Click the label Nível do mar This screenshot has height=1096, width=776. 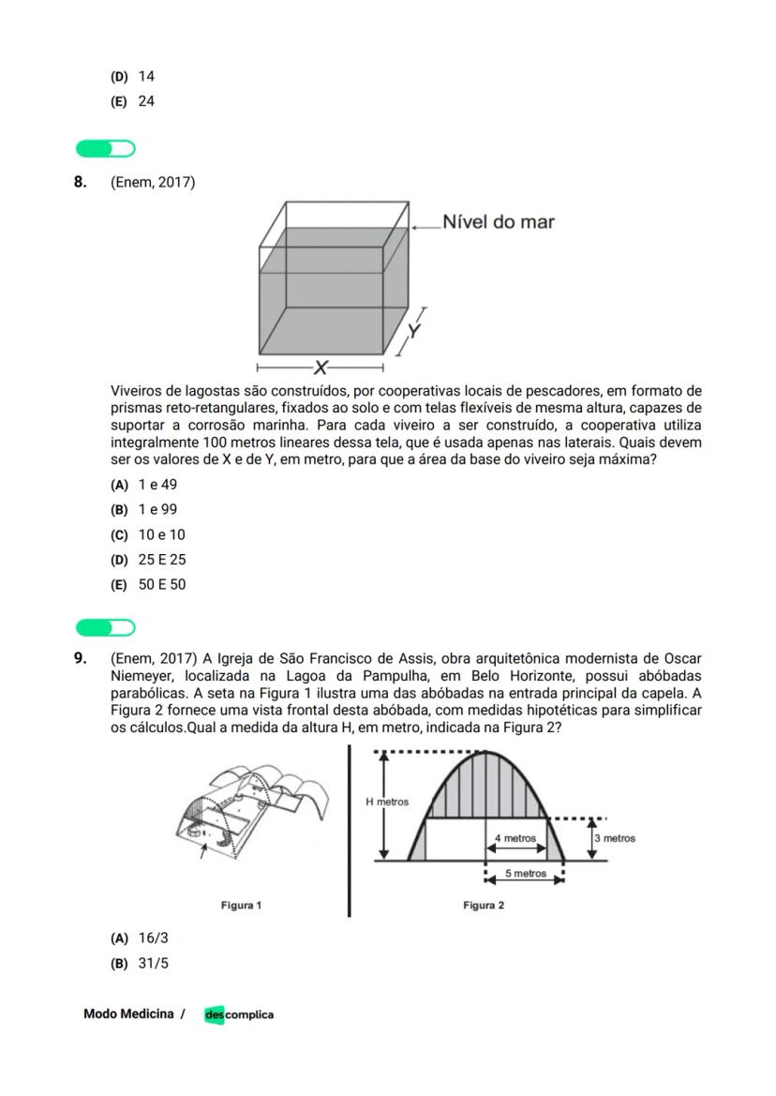click(498, 222)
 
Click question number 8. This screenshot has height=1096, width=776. click(81, 182)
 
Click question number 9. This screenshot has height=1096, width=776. click(81, 658)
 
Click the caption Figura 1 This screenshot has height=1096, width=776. click(241, 905)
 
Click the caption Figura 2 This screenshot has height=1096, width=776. click(484, 905)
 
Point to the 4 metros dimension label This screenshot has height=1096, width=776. click(515, 837)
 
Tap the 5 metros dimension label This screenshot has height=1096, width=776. click(525, 874)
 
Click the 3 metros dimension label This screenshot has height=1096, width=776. click(615, 838)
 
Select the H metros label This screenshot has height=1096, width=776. click(387, 803)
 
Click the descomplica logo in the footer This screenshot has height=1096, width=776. click(239, 1014)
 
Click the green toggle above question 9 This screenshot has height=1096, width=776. click(106, 626)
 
